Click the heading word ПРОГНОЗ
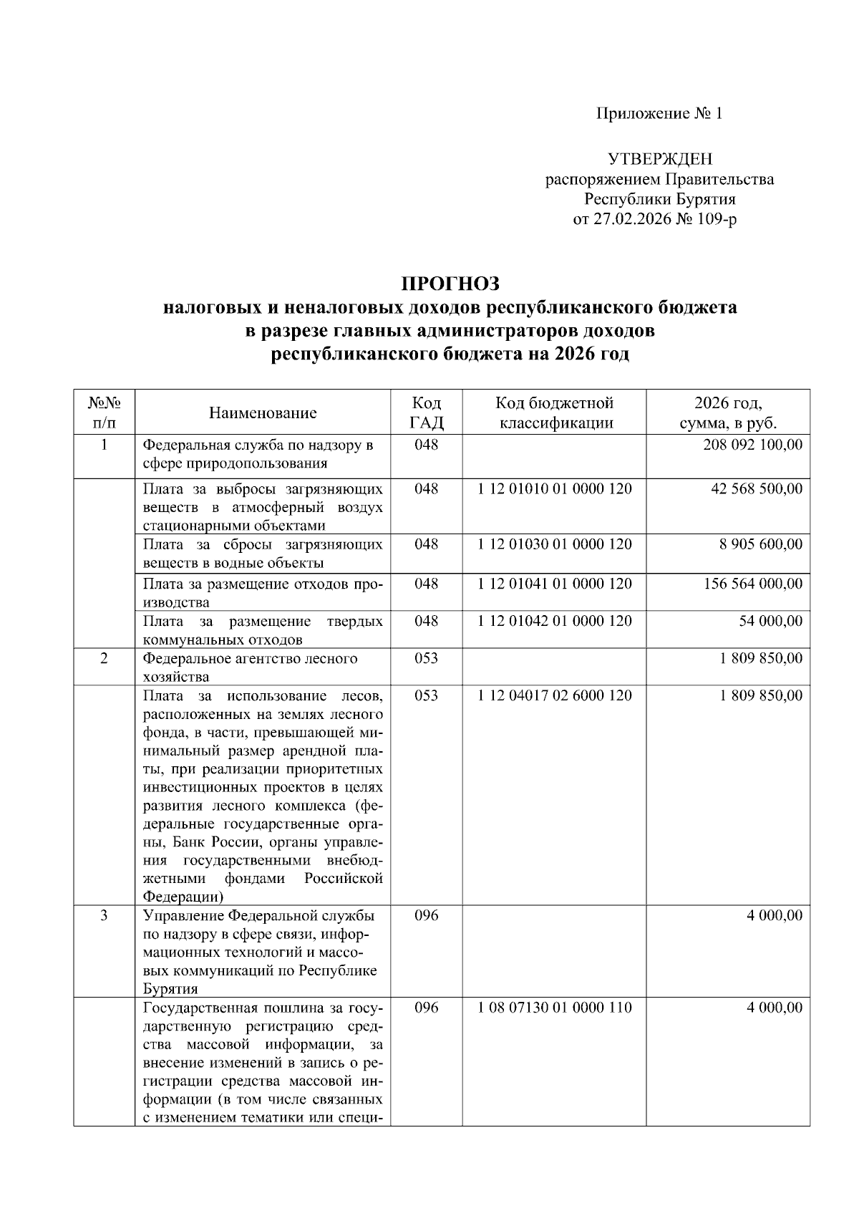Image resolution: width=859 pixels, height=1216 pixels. pyautogui.click(x=450, y=284)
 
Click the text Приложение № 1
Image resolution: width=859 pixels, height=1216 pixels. pyautogui.click(x=659, y=114)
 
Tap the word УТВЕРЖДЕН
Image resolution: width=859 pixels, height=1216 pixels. pyautogui.click(x=659, y=159)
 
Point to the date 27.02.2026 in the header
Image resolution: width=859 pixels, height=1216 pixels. pyautogui.click(x=633, y=219)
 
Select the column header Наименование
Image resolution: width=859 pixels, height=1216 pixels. pyautogui.click(x=263, y=412)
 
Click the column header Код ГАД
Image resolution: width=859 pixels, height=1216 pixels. pyautogui.click(x=427, y=412)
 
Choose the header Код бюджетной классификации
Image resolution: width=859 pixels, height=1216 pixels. pyautogui.click(x=555, y=412)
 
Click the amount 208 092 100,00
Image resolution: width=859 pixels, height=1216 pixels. pyautogui.click(x=752, y=445)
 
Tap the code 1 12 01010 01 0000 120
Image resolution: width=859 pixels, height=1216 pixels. pyautogui.click(x=555, y=489)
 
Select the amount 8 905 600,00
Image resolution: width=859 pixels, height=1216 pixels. pyautogui.click(x=760, y=544)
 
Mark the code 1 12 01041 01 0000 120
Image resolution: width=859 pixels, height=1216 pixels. pyautogui.click(x=555, y=584)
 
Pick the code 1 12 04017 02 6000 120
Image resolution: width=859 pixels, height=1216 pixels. pyautogui.click(x=555, y=695)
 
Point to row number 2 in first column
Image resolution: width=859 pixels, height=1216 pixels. pyautogui.click(x=104, y=658)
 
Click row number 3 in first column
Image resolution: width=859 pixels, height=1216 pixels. pyautogui.click(x=104, y=915)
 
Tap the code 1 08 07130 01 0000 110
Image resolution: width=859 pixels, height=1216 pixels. pyautogui.click(x=555, y=1008)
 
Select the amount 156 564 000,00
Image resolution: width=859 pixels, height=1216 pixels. pyautogui.click(x=752, y=584)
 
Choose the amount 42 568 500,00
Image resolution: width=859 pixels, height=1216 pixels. pyautogui.click(x=757, y=489)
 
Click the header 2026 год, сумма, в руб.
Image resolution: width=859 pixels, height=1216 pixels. pyautogui.click(x=728, y=412)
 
